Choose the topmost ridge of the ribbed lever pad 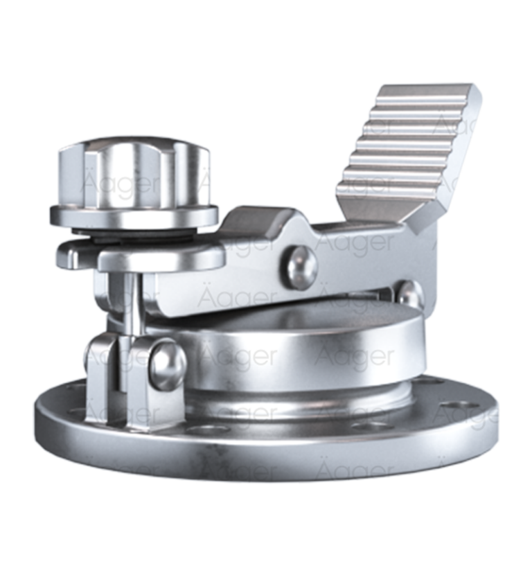(x=429, y=93)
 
